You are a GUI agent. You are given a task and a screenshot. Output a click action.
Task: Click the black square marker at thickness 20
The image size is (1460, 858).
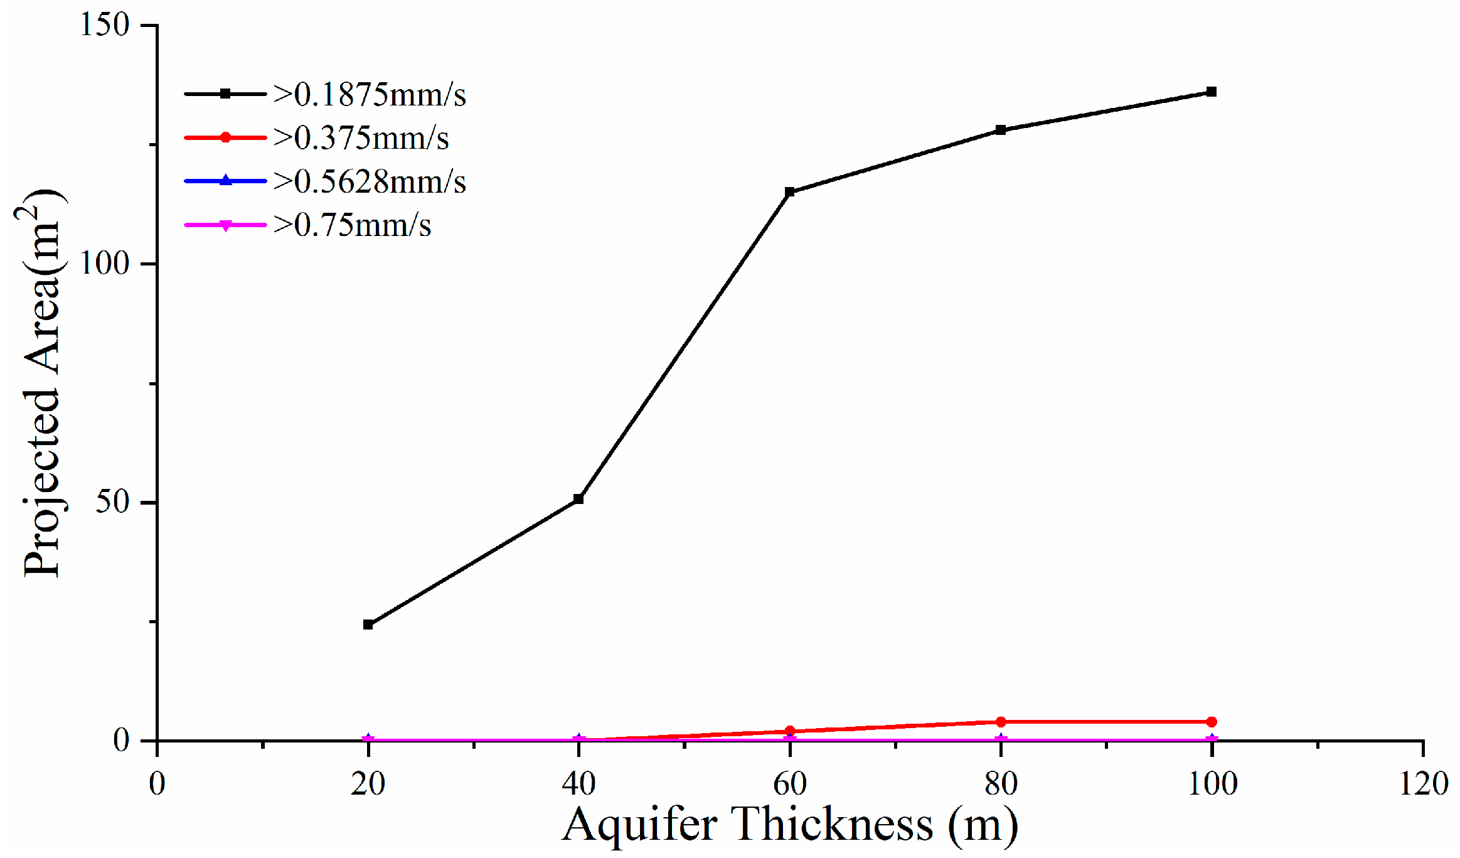point(368,625)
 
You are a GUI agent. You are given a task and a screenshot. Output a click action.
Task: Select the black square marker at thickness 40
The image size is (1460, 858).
point(579,499)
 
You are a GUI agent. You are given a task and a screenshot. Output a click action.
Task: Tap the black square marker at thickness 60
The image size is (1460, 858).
point(790,192)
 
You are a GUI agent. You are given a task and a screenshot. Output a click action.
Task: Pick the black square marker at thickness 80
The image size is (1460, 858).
point(1001,130)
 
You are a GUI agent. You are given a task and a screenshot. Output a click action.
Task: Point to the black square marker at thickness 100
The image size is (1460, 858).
point(1212,92)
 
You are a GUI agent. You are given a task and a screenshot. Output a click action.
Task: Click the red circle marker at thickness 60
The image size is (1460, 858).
point(790,731)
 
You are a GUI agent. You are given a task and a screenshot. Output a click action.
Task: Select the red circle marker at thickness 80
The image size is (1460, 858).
point(1001,722)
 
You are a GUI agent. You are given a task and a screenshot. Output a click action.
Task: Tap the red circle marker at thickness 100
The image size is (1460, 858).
point(1212,722)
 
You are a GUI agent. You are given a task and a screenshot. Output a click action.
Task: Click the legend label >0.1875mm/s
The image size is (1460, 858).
point(370,95)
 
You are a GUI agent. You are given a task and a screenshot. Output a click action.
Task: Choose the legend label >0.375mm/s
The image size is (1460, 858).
point(361,138)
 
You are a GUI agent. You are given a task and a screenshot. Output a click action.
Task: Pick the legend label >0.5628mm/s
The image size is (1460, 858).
point(370,182)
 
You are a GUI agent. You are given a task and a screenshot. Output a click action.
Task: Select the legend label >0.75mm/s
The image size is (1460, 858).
point(352,225)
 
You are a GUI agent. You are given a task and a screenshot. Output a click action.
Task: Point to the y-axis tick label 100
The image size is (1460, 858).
point(104,264)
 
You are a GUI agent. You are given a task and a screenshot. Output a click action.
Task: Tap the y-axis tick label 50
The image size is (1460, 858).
point(112,502)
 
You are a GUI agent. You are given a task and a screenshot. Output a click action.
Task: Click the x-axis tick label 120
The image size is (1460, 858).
point(1423,784)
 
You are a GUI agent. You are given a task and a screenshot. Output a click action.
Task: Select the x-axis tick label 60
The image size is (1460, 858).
point(790,784)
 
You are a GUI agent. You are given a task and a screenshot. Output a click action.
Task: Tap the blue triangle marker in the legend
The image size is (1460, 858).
point(226,181)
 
